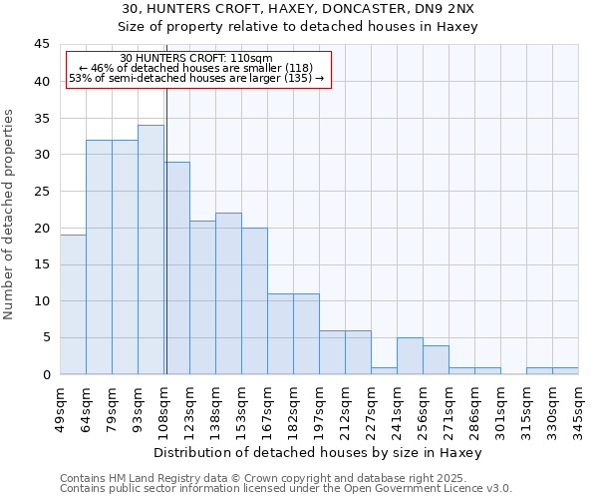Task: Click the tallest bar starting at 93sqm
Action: coord(150,249)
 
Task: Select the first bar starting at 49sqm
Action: coord(73,304)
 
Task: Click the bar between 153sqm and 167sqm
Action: coord(254,300)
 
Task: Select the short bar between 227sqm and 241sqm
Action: coord(384,370)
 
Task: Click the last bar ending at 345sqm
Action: coord(565,370)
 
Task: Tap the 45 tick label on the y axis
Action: coord(41,45)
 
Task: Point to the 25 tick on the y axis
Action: coord(41,192)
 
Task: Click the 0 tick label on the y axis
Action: coord(45,374)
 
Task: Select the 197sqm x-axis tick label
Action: coord(320,409)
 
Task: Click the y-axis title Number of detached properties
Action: coord(10,215)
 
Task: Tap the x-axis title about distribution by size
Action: coord(318,452)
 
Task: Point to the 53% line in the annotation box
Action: coord(196,78)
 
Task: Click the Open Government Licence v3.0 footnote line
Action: coord(286,488)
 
